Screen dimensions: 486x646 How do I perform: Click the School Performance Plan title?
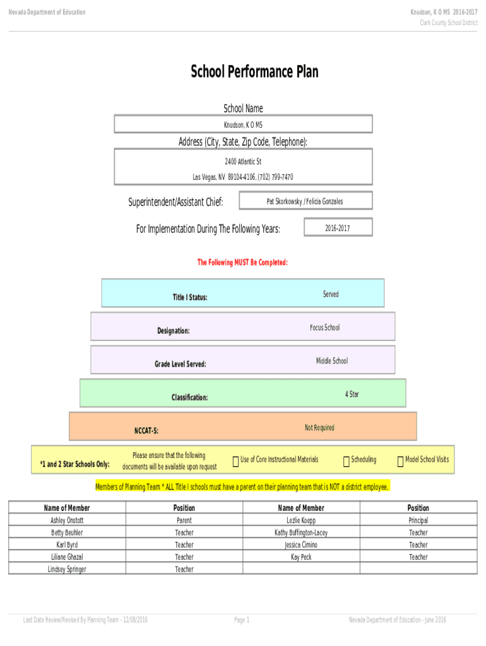(x=254, y=72)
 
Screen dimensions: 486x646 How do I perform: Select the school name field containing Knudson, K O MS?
(x=243, y=124)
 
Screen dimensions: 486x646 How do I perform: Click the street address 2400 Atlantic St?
(x=243, y=161)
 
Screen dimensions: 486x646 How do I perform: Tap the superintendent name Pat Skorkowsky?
(x=285, y=201)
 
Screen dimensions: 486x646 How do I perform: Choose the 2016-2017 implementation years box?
(x=338, y=227)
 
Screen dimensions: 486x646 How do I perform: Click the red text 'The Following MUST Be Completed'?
(x=242, y=262)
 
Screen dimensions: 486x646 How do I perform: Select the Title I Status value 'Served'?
(x=331, y=294)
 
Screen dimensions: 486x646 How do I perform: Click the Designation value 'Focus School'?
(x=325, y=327)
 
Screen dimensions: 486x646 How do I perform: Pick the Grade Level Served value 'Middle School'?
(x=332, y=361)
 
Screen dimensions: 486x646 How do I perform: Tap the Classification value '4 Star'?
(x=352, y=394)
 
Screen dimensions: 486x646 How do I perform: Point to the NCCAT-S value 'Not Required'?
(x=319, y=428)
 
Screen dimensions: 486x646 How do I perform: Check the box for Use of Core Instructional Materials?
(x=236, y=461)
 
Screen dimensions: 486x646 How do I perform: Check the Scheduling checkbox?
(x=347, y=461)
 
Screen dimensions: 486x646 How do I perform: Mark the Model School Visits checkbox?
(x=400, y=461)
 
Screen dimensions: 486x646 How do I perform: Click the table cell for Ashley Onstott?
(x=67, y=520)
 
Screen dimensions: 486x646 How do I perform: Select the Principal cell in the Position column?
(x=418, y=520)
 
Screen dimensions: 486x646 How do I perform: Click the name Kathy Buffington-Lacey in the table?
(x=301, y=532)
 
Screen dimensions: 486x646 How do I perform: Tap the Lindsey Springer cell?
(x=67, y=568)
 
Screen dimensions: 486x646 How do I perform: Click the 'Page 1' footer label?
(x=242, y=620)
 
